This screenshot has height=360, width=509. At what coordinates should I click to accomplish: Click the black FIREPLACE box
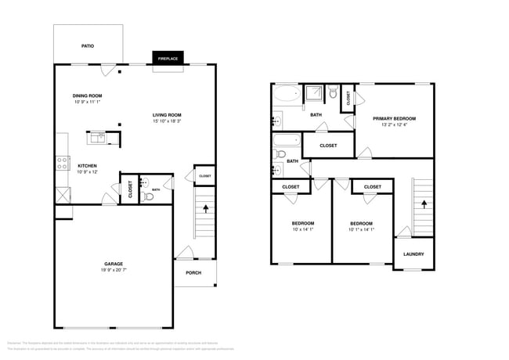click(x=167, y=59)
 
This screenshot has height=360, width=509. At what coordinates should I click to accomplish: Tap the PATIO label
click(x=88, y=46)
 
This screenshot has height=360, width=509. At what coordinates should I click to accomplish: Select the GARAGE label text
click(x=114, y=264)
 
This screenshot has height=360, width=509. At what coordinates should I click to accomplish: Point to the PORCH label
click(x=193, y=272)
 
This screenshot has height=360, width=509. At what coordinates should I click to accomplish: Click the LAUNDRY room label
click(x=413, y=254)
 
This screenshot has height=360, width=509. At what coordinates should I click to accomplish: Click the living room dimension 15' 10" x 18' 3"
click(x=168, y=121)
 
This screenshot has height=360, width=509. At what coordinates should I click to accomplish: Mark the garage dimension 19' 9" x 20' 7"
click(x=114, y=270)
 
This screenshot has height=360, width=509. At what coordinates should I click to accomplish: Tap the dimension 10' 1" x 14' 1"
click(x=361, y=229)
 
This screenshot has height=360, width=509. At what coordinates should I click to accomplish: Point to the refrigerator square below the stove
click(x=61, y=194)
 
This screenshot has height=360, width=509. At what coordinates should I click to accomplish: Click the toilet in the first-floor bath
click(x=148, y=196)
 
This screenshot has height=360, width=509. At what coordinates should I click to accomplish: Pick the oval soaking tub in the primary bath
click(x=286, y=95)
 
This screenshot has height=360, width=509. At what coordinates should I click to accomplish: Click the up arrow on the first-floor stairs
click(x=205, y=210)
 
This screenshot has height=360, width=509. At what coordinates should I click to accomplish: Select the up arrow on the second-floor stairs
click(x=423, y=202)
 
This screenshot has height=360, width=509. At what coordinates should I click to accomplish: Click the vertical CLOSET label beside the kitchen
click(x=130, y=189)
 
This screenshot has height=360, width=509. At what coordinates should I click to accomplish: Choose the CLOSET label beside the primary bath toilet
click(x=348, y=98)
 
